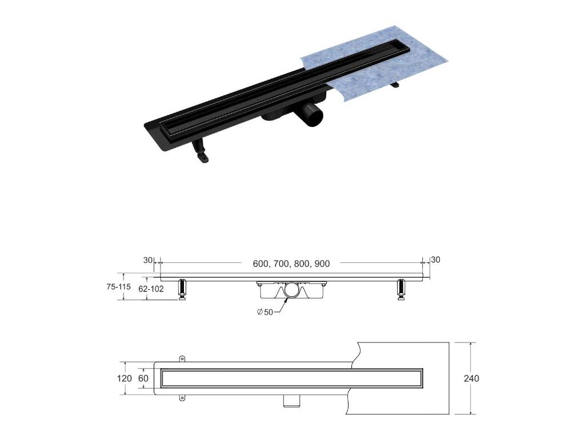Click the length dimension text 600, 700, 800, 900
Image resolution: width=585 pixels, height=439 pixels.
(x=291, y=264)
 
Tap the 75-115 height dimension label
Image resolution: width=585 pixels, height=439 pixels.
(x=119, y=287)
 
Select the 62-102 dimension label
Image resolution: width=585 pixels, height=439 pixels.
(x=151, y=289)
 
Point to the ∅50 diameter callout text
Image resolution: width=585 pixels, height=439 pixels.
(x=265, y=312)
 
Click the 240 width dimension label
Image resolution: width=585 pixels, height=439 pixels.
(x=471, y=378)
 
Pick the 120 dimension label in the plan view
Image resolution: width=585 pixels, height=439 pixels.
(x=124, y=378)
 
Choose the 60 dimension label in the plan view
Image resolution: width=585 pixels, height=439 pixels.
(x=143, y=378)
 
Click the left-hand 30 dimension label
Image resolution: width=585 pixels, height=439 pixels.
(x=148, y=260)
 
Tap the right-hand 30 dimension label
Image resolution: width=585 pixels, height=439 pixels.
(x=435, y=260)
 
